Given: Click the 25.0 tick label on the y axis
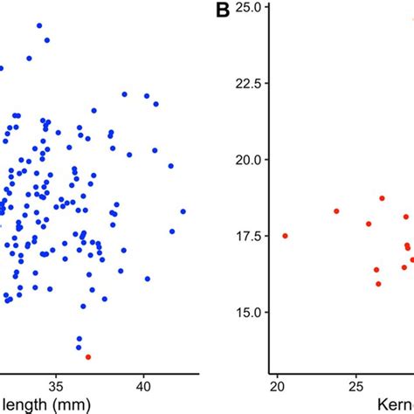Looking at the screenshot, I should pyautogui.click(x=249, y=7).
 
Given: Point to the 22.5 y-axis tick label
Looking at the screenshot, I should pyautogui.click(x=249, y=83).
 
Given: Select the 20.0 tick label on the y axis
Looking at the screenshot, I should pyautogui.click(x=249, y=159).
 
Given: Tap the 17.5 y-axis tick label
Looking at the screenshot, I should pyautogui.click(x=249, y=236).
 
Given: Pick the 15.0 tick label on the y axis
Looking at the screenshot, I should pyautogui.click(x=249, y=312).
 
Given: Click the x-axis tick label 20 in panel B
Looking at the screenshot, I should pyautogui.click(x=278, y=385).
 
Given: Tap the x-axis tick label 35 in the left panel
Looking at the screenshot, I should pyautogui.click(x=56, y=385).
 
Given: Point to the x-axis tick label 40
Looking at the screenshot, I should pyautogui.click(x=144, y=385).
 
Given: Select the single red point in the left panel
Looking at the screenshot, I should pyautogui.click(x=87, y=356).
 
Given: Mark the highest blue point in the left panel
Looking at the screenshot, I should pyautogui.click(x=39, y=26).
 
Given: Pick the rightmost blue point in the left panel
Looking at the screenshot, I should pyautogui.click(x=183, y=211).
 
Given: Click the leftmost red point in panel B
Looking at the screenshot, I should pyautogui.click(x=285, y=236).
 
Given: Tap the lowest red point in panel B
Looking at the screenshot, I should pyautogui.click(x=378, y=283).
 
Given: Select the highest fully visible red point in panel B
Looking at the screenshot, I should pyautogui.click(x=382, y=198).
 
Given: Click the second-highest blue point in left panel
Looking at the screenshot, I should pyautogui.click(x=47, y=40).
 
